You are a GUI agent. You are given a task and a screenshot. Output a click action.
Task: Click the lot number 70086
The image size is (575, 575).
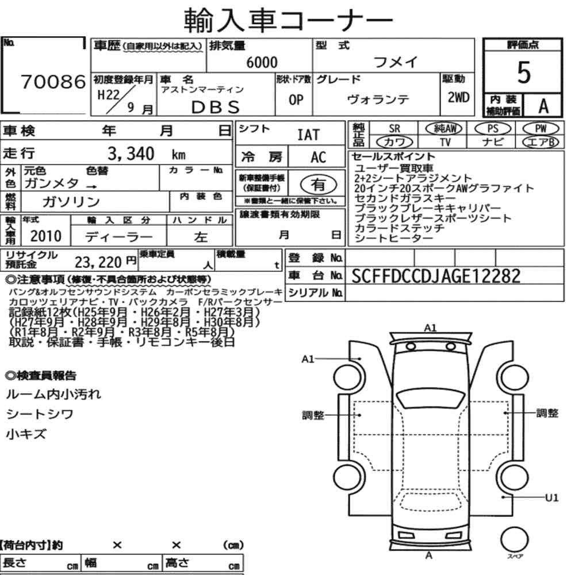[x=53, y=82]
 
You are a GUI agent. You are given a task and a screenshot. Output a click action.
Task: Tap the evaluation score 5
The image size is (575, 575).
[x=524, y=72]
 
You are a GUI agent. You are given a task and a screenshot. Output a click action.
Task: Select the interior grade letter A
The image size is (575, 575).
[x=543, y=106]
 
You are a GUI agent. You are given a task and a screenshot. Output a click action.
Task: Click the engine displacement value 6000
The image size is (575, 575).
[x=262, y=62]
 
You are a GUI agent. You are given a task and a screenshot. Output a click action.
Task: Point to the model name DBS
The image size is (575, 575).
[x=216, y=107]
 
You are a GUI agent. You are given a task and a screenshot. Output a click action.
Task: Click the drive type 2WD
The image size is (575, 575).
[x=458, y=98]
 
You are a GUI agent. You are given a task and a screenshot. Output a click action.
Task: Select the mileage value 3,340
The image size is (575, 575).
[x=131, y=154]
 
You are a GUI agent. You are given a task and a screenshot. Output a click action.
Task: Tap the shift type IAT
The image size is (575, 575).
[x=308, y=135]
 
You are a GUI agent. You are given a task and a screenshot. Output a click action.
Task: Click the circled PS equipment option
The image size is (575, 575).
[x=493, y=129]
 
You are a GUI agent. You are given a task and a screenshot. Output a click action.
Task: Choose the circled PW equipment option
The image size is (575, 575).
[x=540, y=129]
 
